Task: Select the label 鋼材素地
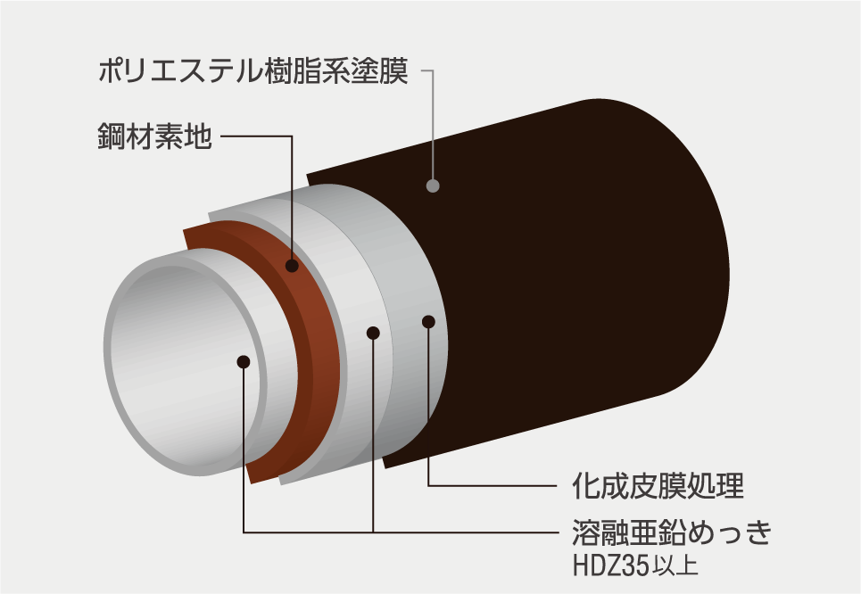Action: point(153,136)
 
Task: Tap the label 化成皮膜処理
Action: point(658,486)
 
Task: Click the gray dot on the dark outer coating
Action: point(434,186)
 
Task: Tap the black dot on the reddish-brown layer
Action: point(292,266)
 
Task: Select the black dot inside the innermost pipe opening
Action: point(244,361)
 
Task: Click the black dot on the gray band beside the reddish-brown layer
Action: point(373,333)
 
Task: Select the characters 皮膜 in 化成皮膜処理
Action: point(658,486)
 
